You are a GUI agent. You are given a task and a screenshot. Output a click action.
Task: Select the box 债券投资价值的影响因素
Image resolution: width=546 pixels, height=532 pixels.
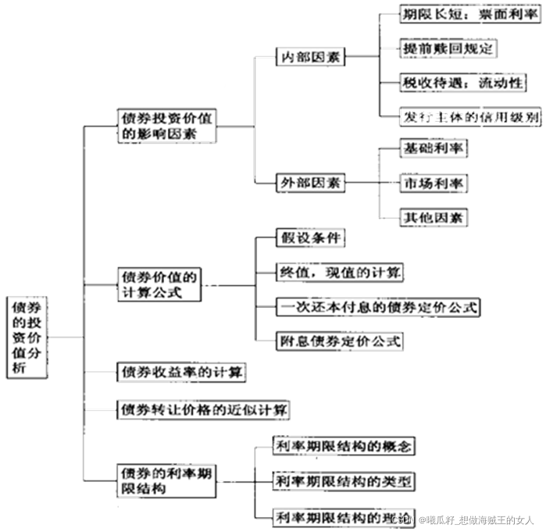[x=166, y=125]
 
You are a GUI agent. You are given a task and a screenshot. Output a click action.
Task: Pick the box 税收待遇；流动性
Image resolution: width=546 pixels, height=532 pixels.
[x=451, y=82]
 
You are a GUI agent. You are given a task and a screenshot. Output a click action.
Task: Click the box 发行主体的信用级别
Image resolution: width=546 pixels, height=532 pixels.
[x=459, y=116]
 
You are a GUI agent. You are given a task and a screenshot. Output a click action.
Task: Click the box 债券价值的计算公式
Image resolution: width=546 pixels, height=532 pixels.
[x=159, y=284]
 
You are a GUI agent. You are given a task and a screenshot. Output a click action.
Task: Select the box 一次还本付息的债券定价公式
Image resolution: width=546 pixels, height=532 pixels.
[x=377, y=306]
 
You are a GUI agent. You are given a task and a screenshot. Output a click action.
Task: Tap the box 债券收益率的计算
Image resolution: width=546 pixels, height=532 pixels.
[x=180, y=373]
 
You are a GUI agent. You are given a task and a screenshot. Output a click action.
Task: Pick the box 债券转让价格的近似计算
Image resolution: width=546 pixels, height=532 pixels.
[x=202, y=408]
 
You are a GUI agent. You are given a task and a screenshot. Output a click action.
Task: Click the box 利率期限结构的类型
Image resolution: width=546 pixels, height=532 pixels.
[x=343, y=480]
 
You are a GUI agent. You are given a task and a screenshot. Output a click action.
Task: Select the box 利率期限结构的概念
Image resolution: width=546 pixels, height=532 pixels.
[x=343, y=446]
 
